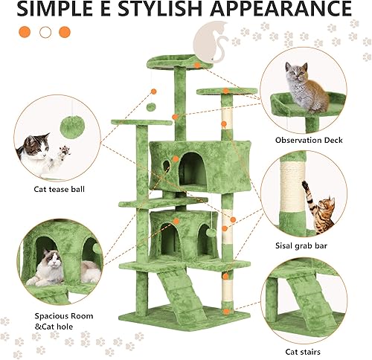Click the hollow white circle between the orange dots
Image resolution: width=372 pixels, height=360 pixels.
(46, 32)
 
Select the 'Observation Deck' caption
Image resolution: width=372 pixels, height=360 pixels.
(305, 140)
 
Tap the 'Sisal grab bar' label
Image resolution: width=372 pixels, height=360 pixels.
(304, 242)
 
